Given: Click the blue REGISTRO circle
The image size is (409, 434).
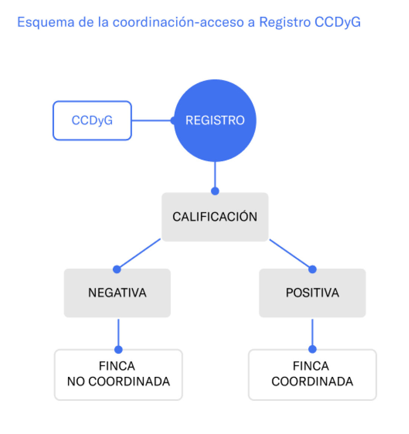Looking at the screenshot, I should [215, 121].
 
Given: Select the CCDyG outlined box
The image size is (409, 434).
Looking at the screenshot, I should [92, 121].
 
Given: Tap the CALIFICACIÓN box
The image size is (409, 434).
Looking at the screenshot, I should [215, 217].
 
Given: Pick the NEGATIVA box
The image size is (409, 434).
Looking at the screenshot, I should [117, 293].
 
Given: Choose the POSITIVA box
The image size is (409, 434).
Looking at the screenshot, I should [312, 293].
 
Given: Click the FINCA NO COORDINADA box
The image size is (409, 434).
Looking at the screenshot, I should [118, 374].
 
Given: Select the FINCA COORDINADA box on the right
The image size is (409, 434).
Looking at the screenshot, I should [312, 374].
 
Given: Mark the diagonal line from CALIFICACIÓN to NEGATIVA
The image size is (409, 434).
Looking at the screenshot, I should [139, 254].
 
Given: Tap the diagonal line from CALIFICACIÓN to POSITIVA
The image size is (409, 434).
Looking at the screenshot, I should [290, 254].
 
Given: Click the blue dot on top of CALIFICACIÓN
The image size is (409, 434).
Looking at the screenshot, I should [215, 191].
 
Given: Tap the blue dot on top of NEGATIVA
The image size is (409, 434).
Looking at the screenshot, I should [117, 269].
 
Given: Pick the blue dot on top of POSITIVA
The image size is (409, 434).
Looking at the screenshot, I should [312, 269].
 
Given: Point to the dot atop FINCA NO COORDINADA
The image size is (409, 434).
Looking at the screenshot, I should [118, 350].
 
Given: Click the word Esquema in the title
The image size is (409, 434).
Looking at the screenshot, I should [46, 22].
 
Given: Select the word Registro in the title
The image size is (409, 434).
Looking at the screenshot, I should [285, 22].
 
